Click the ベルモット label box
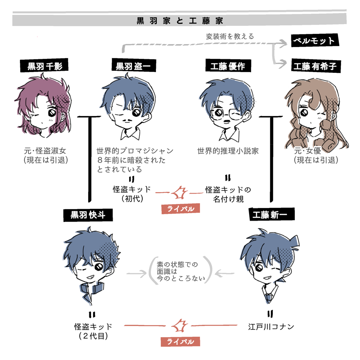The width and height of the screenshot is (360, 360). tap(314, 41)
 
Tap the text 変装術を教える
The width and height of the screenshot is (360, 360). tap(230, 36)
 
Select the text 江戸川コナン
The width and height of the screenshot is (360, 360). tap(271, 327)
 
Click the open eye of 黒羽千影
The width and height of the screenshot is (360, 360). tap(51, 113)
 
